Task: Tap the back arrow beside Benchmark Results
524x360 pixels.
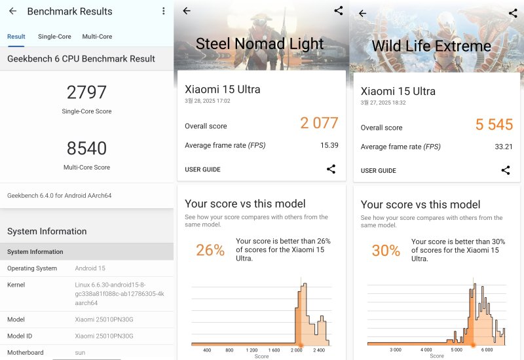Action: click(12, 11)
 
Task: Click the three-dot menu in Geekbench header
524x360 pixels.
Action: click(163, 11)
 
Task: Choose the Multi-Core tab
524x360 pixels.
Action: click(97, 37)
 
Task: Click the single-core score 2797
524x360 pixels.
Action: click(86, 92)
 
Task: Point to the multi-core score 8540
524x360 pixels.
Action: click(86, 149)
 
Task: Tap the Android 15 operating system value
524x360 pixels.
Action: click(90, 268)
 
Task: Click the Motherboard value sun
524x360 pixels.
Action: click(81, 353)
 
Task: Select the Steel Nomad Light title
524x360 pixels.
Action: click(259, 44)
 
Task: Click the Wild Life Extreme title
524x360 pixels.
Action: click(431, 46)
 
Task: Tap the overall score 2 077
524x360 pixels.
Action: click(319, 123)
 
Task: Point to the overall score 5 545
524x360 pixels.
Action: click(494, 124)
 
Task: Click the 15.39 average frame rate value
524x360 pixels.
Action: click(329, 145)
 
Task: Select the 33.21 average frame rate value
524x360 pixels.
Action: click(504, 147)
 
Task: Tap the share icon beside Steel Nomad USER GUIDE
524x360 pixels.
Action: click(331, 170)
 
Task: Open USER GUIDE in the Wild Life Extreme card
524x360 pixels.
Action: click(378, 171)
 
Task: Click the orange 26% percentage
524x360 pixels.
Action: click(210, 250)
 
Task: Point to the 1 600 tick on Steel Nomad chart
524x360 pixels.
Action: click(274, 351)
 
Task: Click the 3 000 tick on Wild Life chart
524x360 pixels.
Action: click(395, 351)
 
